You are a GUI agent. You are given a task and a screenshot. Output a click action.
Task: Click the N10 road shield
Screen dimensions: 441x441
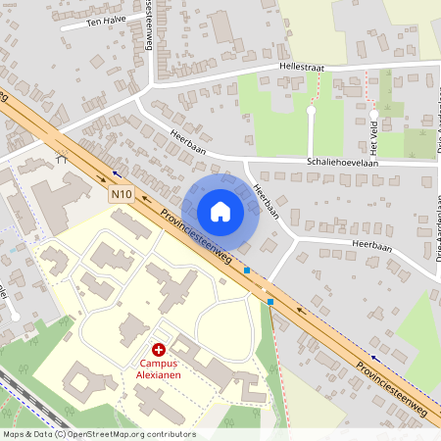121,194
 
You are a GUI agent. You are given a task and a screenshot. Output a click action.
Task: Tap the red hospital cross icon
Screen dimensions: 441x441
158,349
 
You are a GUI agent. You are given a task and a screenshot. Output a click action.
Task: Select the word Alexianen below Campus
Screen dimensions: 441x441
158,373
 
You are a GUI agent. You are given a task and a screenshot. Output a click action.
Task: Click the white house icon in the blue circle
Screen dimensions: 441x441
220,212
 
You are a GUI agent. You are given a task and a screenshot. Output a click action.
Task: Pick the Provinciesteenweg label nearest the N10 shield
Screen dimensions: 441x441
196,236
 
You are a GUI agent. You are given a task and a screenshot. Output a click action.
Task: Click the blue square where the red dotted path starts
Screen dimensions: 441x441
270,303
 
